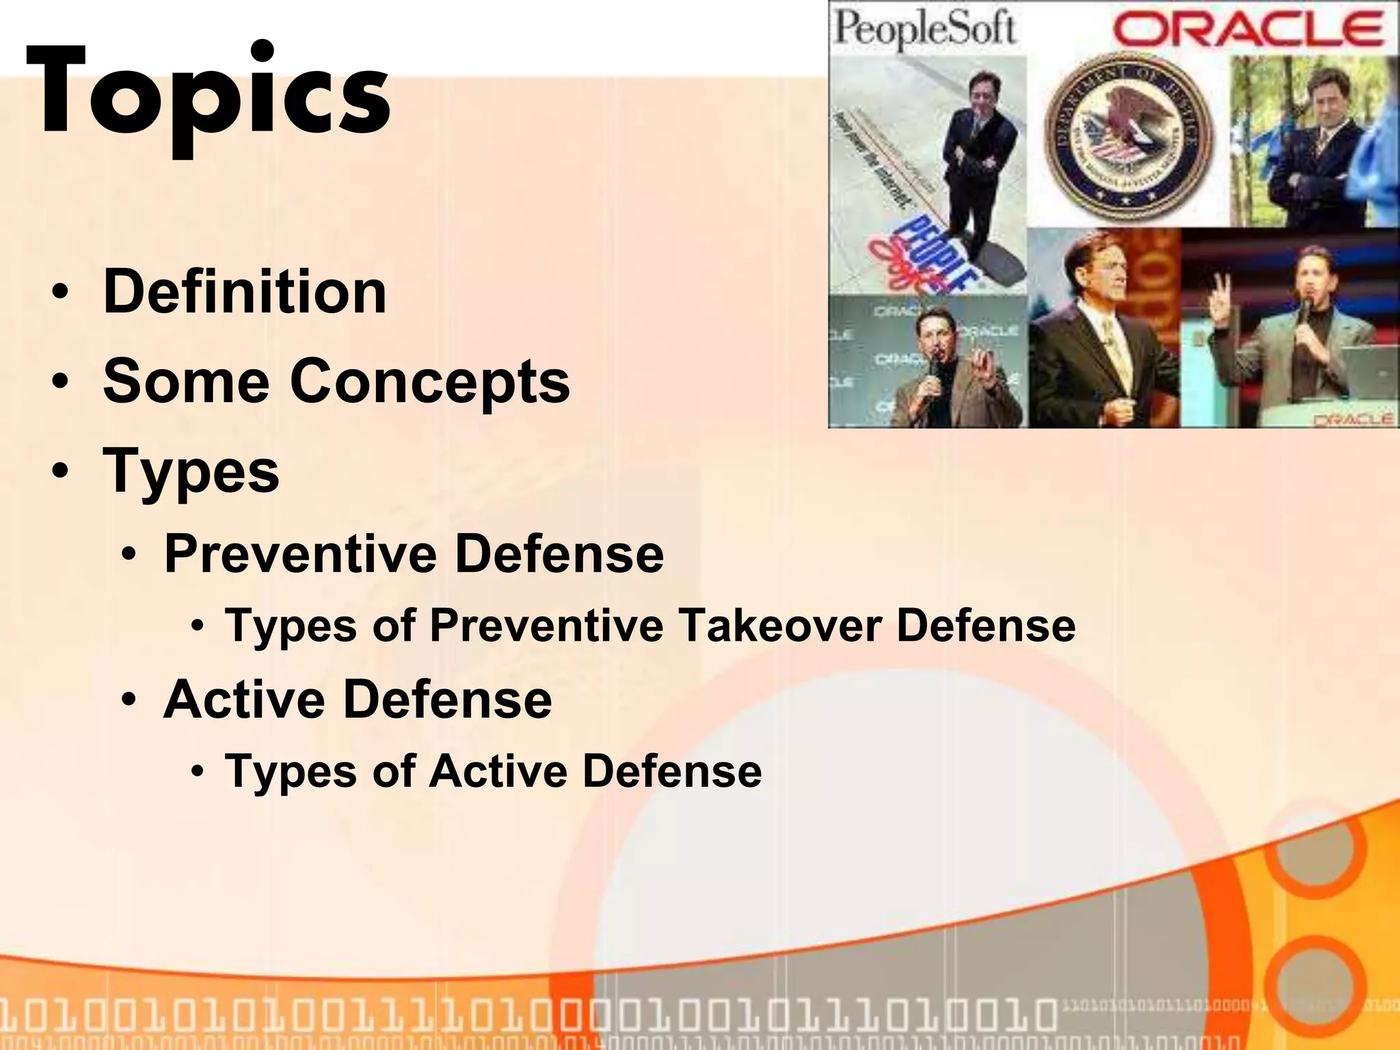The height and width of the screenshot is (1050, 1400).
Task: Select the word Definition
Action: click(245, 292)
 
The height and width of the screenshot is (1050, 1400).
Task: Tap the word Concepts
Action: click(430, 381)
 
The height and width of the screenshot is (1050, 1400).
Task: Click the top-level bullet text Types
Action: click(191, 471)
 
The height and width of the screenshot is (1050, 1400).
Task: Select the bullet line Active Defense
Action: click(358, 699)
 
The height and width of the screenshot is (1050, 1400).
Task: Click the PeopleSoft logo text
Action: click(924, 29)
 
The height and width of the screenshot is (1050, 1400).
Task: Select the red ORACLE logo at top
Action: click(1249, 29)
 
